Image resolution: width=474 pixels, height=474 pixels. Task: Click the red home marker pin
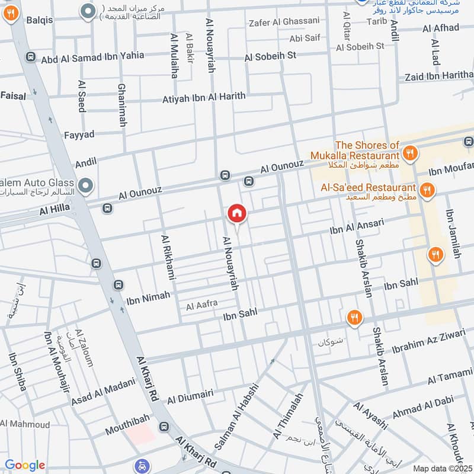(x=237, y=213)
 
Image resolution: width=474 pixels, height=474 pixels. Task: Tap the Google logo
(x=25, y=465)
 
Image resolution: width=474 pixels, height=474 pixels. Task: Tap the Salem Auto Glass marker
(x=87, y=187)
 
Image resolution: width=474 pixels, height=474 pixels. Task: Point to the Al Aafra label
(x=202, y=305)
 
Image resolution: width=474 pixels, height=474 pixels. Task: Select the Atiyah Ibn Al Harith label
(x=204, y=97)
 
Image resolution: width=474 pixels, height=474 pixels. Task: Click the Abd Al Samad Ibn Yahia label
(x=92, y=57)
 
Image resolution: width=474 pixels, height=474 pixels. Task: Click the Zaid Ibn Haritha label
(x=439, y=76)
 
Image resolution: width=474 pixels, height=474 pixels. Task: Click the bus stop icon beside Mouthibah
(x=164, y=427)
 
